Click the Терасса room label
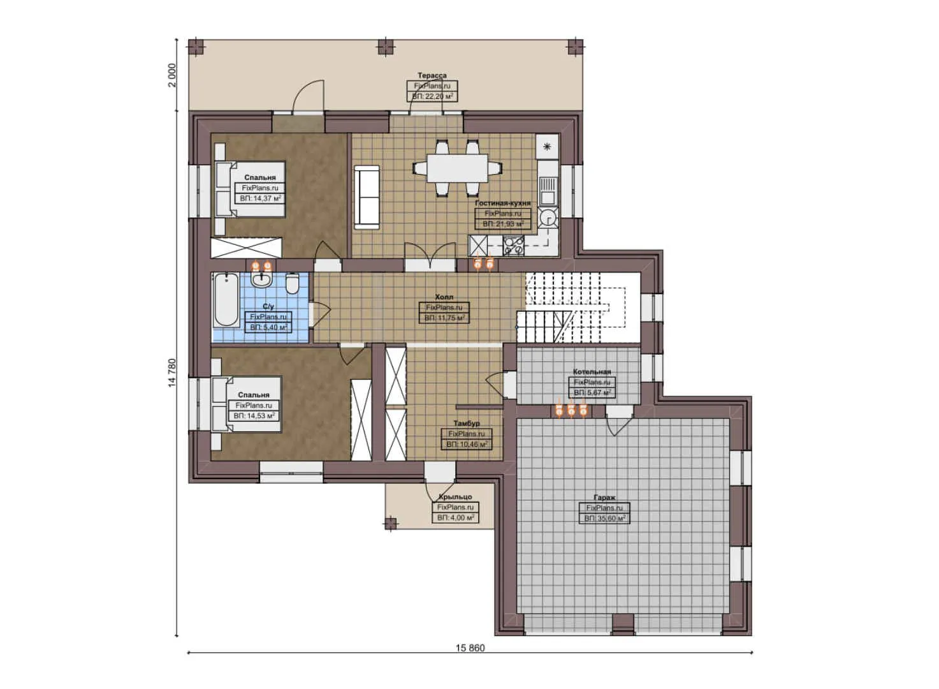432,75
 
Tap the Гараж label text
604,497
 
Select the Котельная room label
592,371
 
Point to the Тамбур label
466,423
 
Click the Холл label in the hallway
444,297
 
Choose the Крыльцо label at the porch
455,496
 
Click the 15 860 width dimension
470,648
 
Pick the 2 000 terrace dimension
171,75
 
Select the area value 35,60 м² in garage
604,519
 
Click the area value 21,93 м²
503,224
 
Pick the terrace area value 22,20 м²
432,96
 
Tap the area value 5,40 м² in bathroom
268,327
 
